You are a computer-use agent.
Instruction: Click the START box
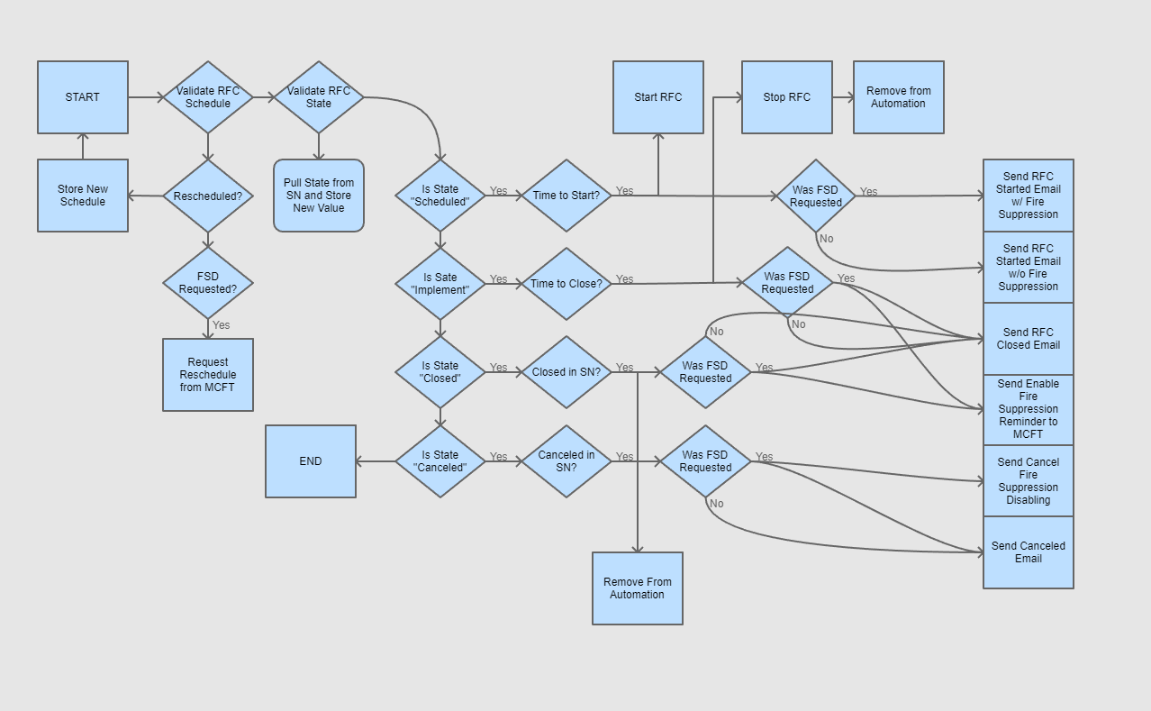83,97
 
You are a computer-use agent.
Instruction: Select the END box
311,461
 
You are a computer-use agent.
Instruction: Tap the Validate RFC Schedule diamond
208,97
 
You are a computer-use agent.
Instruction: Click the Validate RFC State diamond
319,97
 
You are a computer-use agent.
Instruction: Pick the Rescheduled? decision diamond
208,196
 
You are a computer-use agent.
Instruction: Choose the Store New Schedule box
83,196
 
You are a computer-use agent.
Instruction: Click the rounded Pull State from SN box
319,196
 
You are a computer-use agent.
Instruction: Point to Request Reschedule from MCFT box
208,375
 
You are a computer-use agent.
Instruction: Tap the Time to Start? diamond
566,196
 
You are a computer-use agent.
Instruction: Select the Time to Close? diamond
566,284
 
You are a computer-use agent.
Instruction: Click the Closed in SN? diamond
566,372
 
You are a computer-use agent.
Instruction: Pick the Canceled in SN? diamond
566,461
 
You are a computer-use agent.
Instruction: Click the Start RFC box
658,97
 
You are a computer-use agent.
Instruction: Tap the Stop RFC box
787,97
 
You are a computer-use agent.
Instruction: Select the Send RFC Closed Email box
1029,339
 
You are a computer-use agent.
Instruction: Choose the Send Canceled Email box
1029,552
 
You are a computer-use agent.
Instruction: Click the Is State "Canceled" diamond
440,461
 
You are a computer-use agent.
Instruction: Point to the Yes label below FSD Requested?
221,325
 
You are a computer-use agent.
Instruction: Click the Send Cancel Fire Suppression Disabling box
1029,481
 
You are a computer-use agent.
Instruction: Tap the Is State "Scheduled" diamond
440,196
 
